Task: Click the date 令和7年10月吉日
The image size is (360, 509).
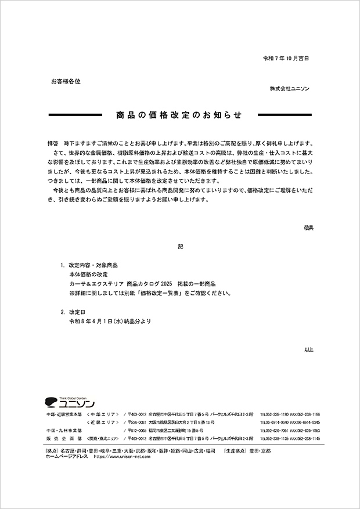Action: (286, 59)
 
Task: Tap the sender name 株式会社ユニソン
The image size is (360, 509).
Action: (289, 88)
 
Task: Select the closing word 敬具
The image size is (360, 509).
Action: (308, 228)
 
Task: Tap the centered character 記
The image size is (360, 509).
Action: (180, 247)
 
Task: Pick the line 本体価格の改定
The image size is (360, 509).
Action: (88, 274)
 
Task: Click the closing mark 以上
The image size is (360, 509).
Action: (308, 349)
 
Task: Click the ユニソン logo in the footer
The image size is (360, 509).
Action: (69, 402)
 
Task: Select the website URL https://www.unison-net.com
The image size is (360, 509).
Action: (122, 457)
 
